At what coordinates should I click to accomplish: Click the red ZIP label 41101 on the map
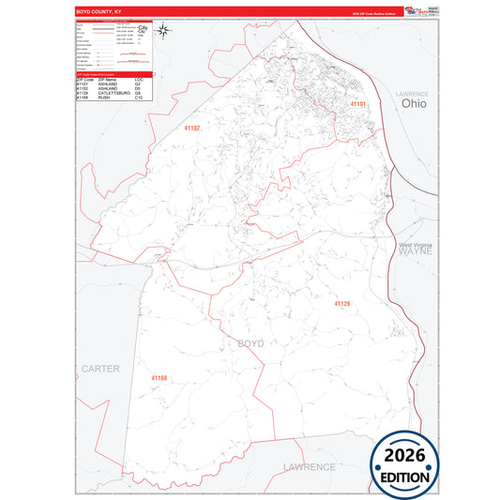pos(357,104)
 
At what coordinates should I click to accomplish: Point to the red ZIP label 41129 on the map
pos(341,304)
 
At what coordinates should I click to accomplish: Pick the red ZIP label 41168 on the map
pos(159,377)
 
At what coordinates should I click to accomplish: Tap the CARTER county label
pos(100,369)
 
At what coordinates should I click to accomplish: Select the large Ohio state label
pos(413,104)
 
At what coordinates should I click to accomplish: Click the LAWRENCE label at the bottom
pos(308,466)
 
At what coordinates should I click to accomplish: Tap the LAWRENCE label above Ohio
pos(412,95)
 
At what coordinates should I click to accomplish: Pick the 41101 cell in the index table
pos(83,84)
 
